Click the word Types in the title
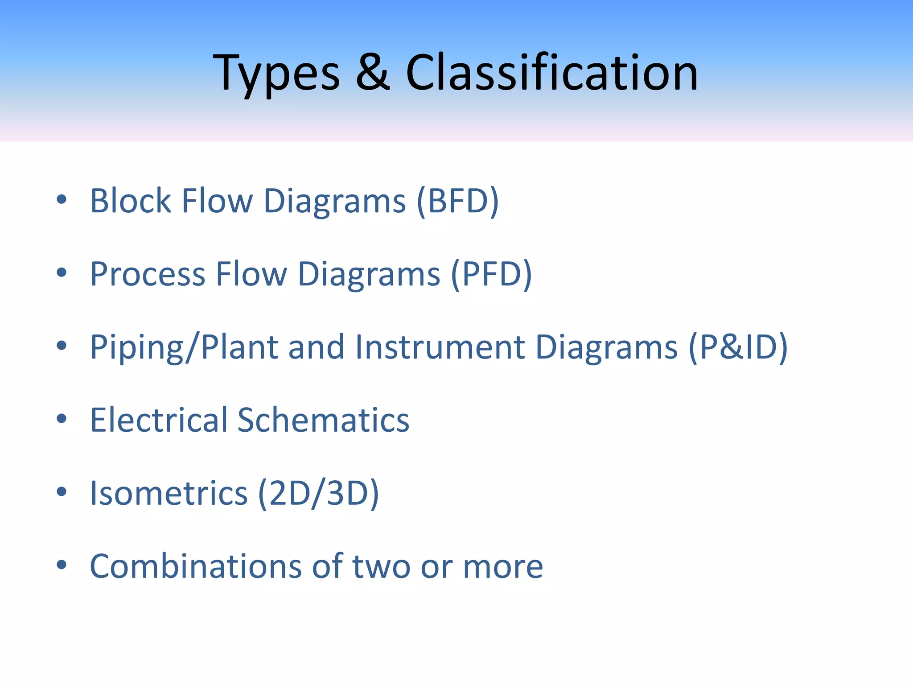(276, 73)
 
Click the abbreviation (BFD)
(458, 201)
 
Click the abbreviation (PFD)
(491, 274)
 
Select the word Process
(148, 274)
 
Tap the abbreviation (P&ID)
(738, 347)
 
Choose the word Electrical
(159, 420)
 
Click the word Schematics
(323, 420)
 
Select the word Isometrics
(169, 493)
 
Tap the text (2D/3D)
(318, 493)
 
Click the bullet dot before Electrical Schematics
(62, 418)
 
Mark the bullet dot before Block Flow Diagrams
(62, 199)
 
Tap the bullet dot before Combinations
(62, 565)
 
